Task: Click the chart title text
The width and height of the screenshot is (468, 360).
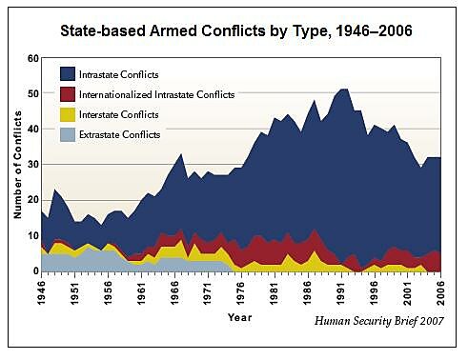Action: pos(234,30)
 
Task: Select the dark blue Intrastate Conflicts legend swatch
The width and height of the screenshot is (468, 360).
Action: pos(68,74)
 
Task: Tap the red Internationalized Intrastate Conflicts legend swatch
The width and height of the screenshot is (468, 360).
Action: pos(68,94)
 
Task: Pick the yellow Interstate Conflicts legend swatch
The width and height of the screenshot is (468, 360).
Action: pos(68,114)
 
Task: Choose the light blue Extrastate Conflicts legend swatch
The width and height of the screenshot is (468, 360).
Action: pos(68,134)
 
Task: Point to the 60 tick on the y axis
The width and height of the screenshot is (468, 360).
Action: pos(31,58)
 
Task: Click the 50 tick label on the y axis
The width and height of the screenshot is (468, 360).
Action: pos(31,93)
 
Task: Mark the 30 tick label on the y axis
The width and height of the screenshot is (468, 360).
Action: pos(31,165)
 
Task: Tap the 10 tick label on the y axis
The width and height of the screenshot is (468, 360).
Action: pos(31,236)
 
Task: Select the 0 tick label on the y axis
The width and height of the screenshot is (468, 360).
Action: pos(34,271)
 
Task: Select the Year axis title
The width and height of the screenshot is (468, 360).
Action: pos(240,317)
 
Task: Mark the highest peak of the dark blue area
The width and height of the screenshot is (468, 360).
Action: pos(343,89)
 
